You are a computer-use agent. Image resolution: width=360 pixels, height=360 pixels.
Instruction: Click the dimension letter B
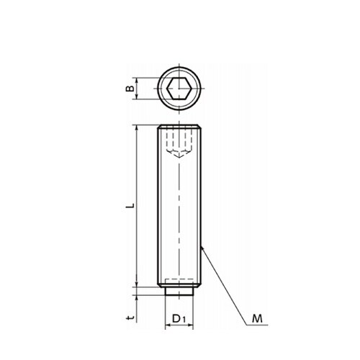coord(130,89)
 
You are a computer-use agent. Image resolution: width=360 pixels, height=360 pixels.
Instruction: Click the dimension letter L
coord(130,205)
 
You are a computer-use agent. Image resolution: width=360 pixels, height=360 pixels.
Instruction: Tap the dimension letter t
coord(130,318)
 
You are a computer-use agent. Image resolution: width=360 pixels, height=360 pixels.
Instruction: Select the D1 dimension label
coord(179,319)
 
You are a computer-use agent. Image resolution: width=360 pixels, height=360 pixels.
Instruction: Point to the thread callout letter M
coord(257,319)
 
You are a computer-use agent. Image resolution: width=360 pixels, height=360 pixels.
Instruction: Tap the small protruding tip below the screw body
coord(179,291)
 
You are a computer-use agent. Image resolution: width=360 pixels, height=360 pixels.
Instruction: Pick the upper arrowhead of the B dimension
coord(137,81)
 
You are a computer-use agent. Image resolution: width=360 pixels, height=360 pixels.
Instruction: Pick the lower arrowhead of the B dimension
coord(137,96)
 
